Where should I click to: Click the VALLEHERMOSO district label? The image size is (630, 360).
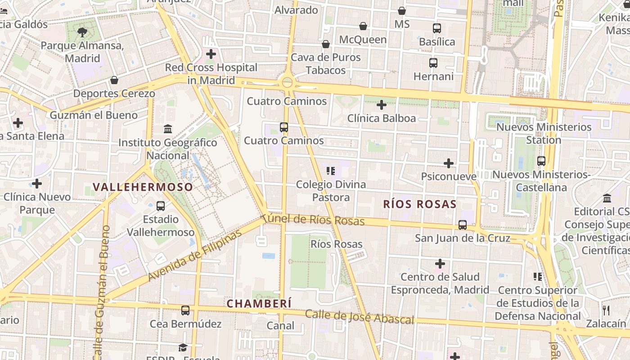click(x=143, y=187)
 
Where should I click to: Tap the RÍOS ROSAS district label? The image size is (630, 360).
click(x=419, y=204)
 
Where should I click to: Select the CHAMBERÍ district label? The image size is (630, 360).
click(x=259, y=304)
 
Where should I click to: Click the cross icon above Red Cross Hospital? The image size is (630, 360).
click(x=211, y=54)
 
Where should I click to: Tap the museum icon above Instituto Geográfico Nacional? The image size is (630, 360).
click(x=168, y=129)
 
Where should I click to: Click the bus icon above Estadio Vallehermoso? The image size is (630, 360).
click(x=160, y=206)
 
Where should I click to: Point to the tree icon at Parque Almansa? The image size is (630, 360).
click(x=82, y=32)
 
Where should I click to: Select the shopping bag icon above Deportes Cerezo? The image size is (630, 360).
click(x=114, y=80)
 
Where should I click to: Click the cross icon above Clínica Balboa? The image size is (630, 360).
click(x=382, y=105)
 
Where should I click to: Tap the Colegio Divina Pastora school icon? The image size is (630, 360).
click(x=331, y=171)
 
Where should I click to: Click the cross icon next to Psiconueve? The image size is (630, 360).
click(x=448, y=163)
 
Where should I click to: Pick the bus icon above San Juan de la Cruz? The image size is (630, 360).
click(x=462, y=225)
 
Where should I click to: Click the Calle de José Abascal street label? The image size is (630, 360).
click(x=359, y=317)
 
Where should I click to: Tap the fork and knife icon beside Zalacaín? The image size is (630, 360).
click(x=606, y=310)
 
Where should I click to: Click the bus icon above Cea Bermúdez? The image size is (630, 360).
click(x=185, y=310)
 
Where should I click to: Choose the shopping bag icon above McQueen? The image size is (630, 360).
click(x=363, y=26)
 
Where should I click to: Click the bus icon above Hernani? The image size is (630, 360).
click(x=433, y=63)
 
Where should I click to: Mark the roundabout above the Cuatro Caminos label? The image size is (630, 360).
click(x=287, y=82)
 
